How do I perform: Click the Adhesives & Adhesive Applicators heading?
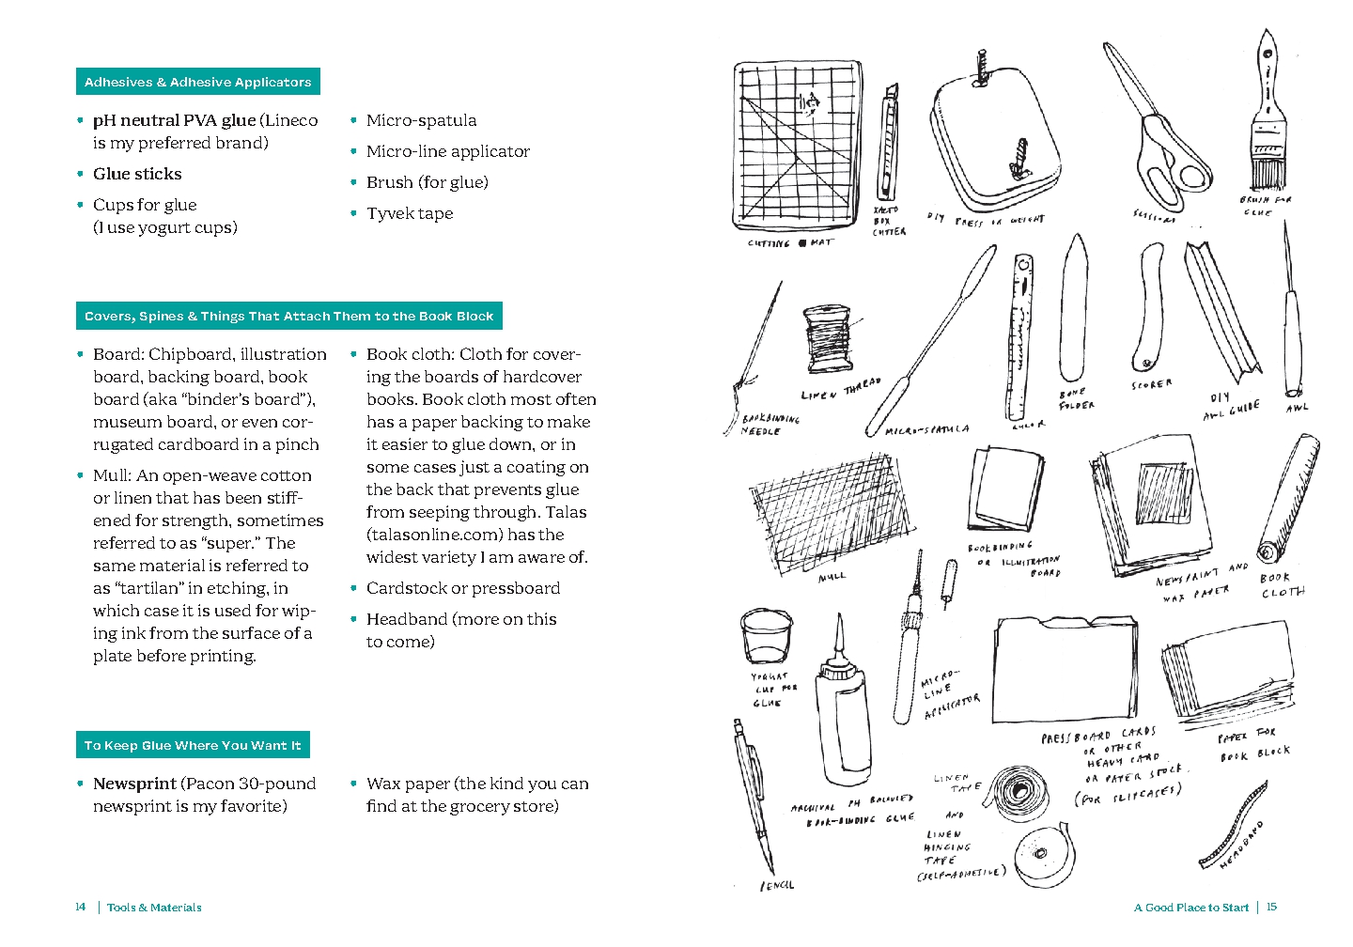click(x=197, y=82)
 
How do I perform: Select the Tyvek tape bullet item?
click(x=410, y=213)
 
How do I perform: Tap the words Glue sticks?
click(x=137, y=174)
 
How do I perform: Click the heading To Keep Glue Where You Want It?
click(x=193, y=745)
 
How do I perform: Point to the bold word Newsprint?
click(x=134, y=784)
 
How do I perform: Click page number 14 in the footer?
click(x=80, y=907)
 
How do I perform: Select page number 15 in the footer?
click(x=1271, y=907)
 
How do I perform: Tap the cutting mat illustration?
click(x=798, y=146)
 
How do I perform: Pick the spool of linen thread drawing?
click(x=831, y=340)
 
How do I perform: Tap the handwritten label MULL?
click(x=832, y=576)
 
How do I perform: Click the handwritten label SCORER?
click(x=1151, y=384)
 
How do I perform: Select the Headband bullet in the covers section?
click(x=460, y=619)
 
